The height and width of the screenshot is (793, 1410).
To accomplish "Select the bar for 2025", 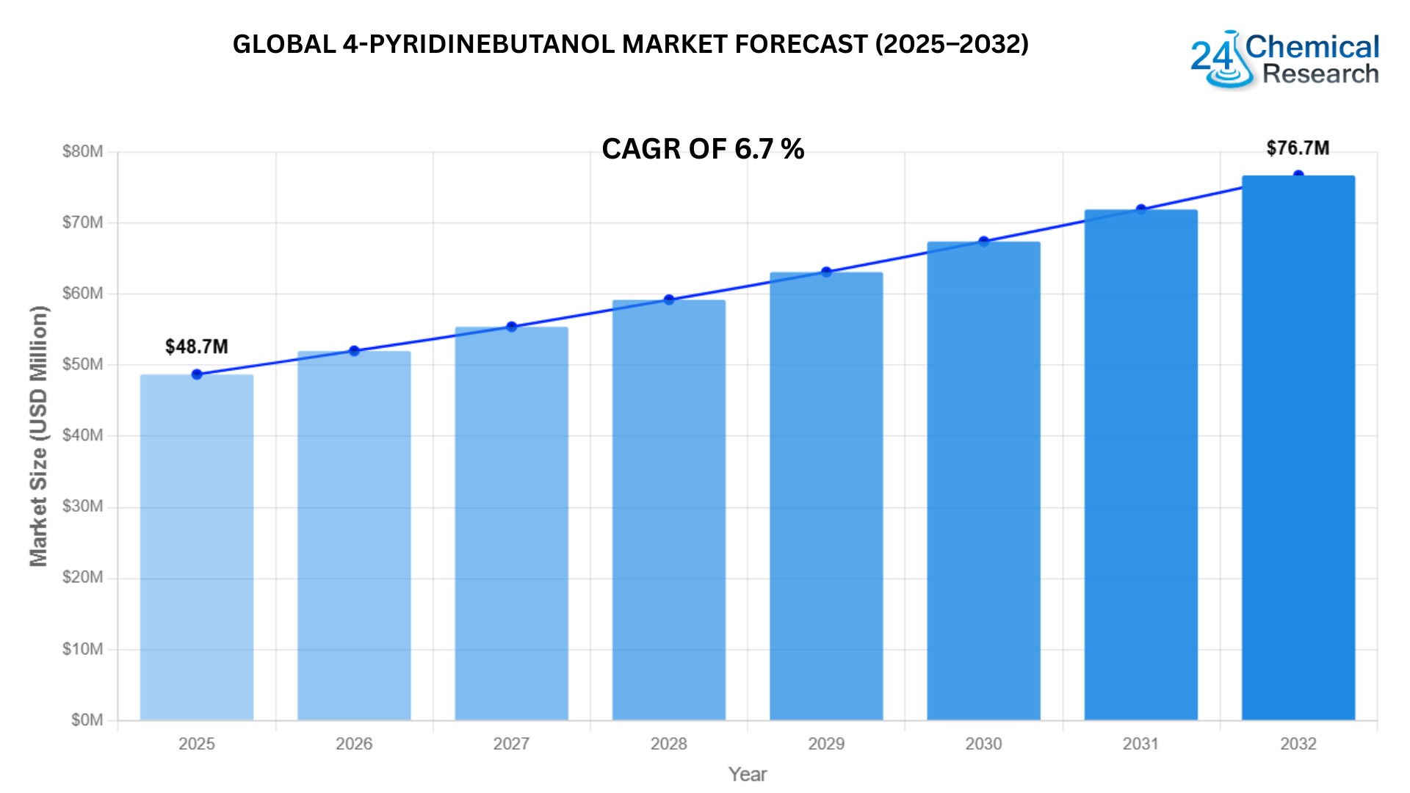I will [197, 547].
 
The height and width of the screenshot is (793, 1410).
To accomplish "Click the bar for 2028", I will [669, 510].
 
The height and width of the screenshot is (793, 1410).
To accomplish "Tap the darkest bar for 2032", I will [1298, 448].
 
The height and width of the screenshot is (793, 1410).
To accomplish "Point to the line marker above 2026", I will [354, 351].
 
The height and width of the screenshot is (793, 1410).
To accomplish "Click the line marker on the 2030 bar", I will [984, 242].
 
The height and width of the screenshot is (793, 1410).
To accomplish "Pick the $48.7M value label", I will [197, 347].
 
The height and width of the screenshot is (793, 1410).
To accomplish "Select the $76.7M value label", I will [1298, 148].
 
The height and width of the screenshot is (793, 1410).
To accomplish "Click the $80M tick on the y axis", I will [82, 152].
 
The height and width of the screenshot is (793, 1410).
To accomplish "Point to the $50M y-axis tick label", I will [82, 365].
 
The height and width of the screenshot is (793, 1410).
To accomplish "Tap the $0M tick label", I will [87, 720].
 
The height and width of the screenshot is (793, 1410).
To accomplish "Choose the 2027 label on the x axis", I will [511, 744].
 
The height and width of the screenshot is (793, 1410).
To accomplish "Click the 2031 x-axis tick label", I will [1140, 744].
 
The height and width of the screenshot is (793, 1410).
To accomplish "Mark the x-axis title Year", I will [748, 774].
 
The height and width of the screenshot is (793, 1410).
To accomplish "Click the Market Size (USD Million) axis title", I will [38, 436].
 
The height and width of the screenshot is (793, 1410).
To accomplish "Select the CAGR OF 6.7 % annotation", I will [703, 149].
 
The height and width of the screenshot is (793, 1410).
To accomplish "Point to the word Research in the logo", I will [1320, 74].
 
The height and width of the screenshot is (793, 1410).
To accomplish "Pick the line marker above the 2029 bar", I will [826, 272].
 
